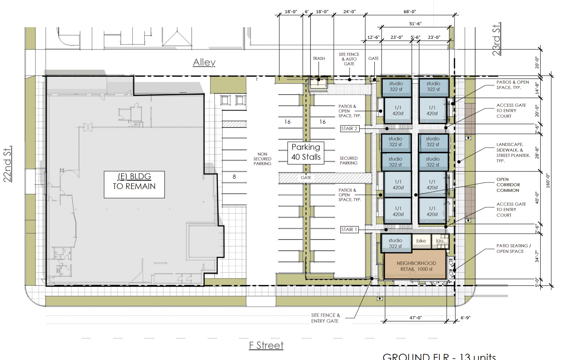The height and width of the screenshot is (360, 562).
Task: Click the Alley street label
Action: tap(204, 62)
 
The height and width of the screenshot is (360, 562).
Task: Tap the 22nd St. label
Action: tap(8, 164)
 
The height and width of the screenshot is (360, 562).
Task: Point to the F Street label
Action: tap(266, 345)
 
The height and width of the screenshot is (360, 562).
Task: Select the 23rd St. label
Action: tap(496, 39)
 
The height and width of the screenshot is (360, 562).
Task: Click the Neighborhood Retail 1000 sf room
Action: tap(416, 266)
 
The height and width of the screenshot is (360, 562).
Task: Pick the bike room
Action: tap(421, 241)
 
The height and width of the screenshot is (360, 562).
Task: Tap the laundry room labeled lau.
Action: tap(440, 241)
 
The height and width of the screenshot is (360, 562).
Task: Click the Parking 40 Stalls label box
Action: tap(306, 152)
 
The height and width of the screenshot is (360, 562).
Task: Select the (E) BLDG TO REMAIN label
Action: tap(134, 181)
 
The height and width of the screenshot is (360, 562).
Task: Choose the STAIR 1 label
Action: tap(349, 229)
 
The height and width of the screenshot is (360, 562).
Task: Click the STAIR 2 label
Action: tap(349, 128)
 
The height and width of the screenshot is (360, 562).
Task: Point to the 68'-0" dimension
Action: tap(410, 12)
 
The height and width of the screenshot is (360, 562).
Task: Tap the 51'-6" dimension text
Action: tap(415, 24)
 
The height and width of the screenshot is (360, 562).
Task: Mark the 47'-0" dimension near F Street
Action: tap(415, 318)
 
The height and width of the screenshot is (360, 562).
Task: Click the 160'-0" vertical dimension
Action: tap(548, 180)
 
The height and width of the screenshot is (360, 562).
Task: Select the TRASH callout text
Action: tap(319, 58)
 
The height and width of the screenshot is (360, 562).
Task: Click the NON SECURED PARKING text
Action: tap(262, 159)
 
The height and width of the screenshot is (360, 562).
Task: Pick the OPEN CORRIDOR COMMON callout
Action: tap(508, 185)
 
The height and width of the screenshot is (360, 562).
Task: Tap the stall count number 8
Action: tap(234, 177)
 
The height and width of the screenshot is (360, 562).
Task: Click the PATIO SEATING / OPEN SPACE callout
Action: tap(514, 248)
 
